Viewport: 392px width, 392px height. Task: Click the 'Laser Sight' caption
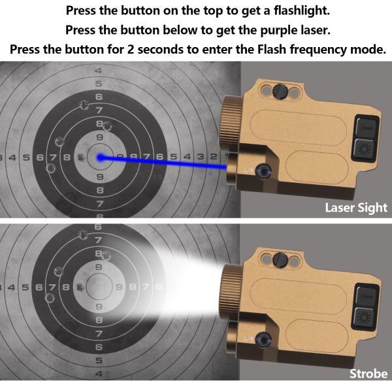(x=356, y=208)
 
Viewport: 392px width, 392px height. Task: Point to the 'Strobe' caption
(x=368, y=374)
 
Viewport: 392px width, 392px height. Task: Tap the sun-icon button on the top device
(x=363, y=148)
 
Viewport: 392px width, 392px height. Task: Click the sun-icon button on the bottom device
(x=363, y=318)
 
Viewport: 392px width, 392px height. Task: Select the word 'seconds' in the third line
(x=187, y=50)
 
